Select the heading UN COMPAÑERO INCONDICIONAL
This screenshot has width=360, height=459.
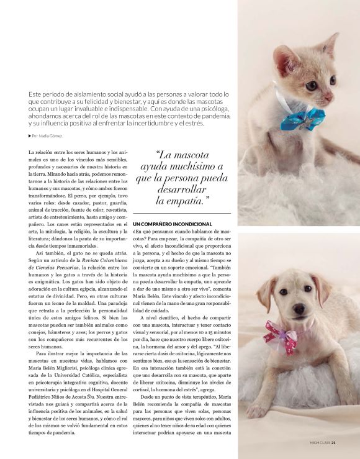173,223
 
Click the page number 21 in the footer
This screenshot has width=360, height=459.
333,443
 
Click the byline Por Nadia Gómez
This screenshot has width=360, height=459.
47,136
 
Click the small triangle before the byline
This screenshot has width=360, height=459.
30,136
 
